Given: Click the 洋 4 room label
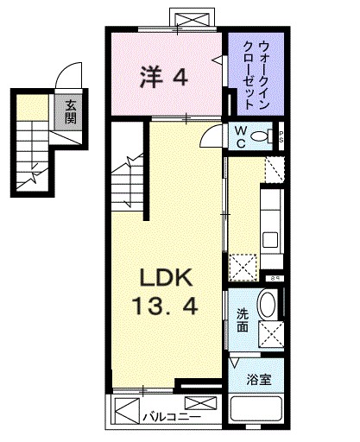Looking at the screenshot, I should pos(163,78).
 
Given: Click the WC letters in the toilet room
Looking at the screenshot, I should pos(242,137).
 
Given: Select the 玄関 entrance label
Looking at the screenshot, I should pos(69,110).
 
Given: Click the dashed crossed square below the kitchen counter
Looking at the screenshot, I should pos(242,265).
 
